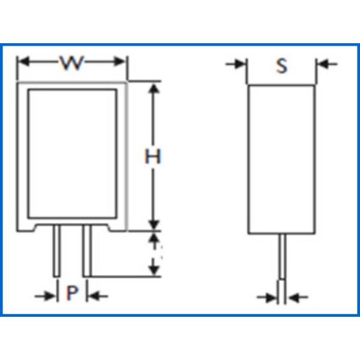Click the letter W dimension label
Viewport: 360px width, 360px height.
tap(71, 62)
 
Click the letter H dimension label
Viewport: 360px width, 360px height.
tap(152, 156)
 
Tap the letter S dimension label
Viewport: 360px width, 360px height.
tap(281, 65)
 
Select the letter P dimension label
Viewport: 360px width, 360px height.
tap(72, 293)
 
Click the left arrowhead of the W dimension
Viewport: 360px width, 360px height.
tap(24, 62)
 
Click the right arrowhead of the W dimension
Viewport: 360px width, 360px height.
tap(119, 62)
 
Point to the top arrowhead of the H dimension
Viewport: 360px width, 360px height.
tap(154, 89)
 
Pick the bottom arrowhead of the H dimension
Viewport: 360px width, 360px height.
tap(154, 224)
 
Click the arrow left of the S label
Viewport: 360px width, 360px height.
tap(236, 64)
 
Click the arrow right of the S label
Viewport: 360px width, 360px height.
tap(327, 64)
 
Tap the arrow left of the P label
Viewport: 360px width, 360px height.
tap(45, 296)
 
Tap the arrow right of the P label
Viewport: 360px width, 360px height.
tap(98, 296)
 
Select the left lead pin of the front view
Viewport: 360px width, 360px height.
tap(57, 251)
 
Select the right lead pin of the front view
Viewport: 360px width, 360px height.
tap(87, 251)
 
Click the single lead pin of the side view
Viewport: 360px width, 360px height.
tap(282, 256)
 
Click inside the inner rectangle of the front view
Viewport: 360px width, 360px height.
tap(73, 154)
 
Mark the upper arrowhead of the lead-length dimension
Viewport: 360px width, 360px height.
tap(154, 238)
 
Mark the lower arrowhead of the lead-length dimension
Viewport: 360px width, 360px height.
tap(154, 270)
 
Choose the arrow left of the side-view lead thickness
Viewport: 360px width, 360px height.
tap(267, 298)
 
